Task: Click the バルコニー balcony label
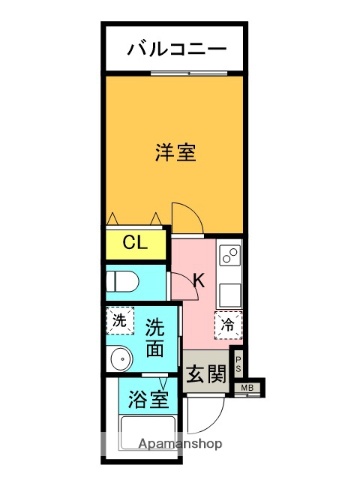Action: tap(175, 49)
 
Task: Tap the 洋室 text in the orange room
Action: tap(175, 153)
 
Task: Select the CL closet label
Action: tap(135, 242)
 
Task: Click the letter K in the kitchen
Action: tap(197, 282)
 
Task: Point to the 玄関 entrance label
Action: tap(206, 374)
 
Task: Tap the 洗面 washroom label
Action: tap(154, 337)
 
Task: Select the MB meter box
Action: tap(246, 388)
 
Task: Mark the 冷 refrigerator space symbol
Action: tap(228, 324)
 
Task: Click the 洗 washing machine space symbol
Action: tap(119, 320)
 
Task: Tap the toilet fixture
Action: tap(121, 281)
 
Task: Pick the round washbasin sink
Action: tap(122, 358)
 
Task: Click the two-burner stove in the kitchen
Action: tap(229, 257)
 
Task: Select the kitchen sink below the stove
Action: tap(229, 293)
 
